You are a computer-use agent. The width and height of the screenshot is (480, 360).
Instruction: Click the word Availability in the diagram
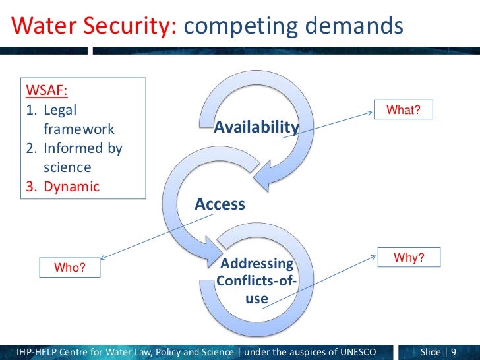(x=256, y=127)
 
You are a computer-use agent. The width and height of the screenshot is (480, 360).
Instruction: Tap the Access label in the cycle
(x=220, y=204)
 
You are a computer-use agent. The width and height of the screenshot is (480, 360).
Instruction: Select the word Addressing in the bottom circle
(x=256, y=264)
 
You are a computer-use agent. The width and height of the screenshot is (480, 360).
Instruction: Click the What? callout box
(x=404, y=110)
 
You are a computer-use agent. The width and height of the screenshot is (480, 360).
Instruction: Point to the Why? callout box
(x=409, y=258)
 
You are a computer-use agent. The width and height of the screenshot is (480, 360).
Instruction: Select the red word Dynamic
(x=71, y=186)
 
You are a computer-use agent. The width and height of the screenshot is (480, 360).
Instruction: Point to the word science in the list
(x=67, y=167)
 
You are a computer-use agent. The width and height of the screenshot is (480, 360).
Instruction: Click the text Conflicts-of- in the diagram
(x=256, y=282)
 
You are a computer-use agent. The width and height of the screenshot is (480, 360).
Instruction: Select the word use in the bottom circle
(x=256, y=299)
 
